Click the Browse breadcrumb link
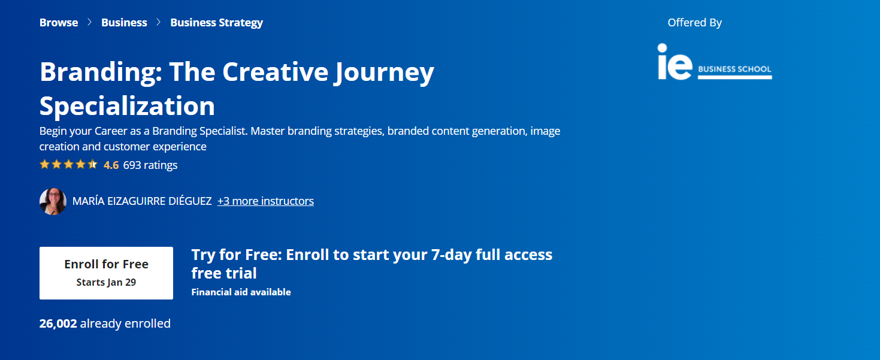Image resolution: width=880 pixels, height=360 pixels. tap(59, 22)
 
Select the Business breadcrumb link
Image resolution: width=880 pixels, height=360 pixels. tap(124, 22)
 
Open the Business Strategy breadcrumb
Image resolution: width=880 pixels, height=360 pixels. tap(216, 23)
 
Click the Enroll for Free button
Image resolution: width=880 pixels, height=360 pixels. tap(106, 273)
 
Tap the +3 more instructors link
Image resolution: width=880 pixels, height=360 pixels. tap(265, 201)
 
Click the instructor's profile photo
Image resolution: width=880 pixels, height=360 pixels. tap(53, 201)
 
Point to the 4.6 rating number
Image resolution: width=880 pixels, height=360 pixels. tap(111, 165)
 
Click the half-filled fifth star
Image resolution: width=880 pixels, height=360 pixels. tap(92, 164)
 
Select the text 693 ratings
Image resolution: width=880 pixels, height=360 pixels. tap(150, 165)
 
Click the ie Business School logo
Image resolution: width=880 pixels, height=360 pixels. tap(715, 62)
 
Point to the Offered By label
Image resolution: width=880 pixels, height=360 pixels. tap(694, 23)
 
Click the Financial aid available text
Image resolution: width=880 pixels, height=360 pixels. tap(241, 292)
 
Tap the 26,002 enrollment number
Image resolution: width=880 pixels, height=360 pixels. tap(58, 323)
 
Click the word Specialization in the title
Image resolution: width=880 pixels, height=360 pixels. tap(127, 106)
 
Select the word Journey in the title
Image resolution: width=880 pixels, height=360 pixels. tap(384, 72)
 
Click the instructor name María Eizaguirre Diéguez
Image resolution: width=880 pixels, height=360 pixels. tap(142, 201)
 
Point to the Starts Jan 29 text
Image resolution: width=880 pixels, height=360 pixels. tap(106, 282)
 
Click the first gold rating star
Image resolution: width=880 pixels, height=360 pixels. tap(45, 164)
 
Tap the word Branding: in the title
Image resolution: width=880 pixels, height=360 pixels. tap(101, 72)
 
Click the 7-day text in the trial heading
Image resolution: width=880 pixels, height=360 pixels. tap(452, 255)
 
